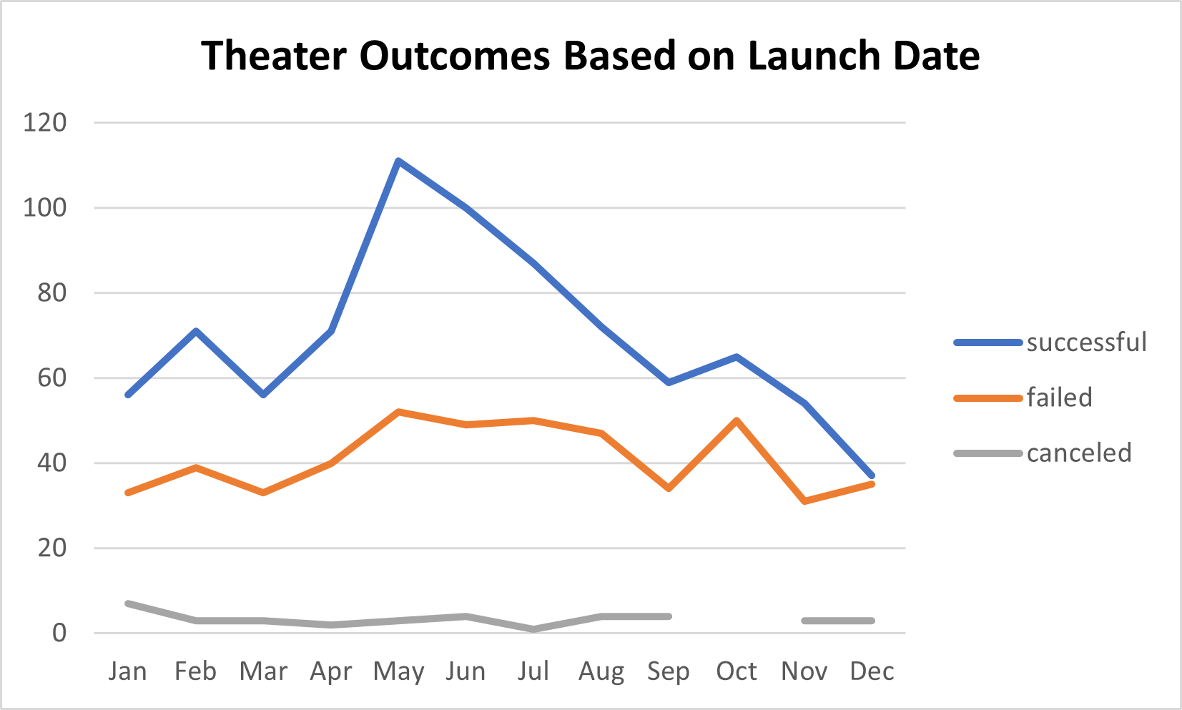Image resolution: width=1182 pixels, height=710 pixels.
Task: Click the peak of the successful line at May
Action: click(x=398, y=161)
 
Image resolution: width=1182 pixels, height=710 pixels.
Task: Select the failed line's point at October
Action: click(x=737, y=420)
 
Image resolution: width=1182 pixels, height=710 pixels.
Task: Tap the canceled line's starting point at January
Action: click(x=128, y=603)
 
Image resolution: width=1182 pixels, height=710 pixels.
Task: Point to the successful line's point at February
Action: click(x=195, y=331)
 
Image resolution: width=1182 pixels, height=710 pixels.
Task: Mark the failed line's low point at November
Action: click(x=804, y=501)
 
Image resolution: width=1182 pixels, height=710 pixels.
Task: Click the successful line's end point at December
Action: click(x=872, y=475)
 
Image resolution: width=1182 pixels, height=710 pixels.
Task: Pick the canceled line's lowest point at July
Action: click(x=533, y=629)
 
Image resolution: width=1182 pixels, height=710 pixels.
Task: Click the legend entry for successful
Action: click(x=1086, y=342)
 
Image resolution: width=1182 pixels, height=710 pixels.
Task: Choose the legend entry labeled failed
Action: click(x=1059, y=398)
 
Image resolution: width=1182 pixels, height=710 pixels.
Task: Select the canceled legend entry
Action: click(x=1078, y=453)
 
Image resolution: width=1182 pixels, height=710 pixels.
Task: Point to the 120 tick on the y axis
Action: click(x=44, y=123)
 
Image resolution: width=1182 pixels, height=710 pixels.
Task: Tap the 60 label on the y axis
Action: click(x=51, y=378)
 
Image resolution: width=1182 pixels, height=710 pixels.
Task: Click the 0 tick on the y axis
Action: click(x=59, y=633)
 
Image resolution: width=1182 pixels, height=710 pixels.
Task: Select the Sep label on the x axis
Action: click(x=669, y=671)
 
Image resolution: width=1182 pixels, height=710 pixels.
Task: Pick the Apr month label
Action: click(x=331, y=671)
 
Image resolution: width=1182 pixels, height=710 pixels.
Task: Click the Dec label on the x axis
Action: click(x=872, y=671)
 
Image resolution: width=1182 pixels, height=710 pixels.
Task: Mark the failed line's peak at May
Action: click(x=398, y=412)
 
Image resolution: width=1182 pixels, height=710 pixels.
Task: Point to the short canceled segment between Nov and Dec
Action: click(x=838, y=621)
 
